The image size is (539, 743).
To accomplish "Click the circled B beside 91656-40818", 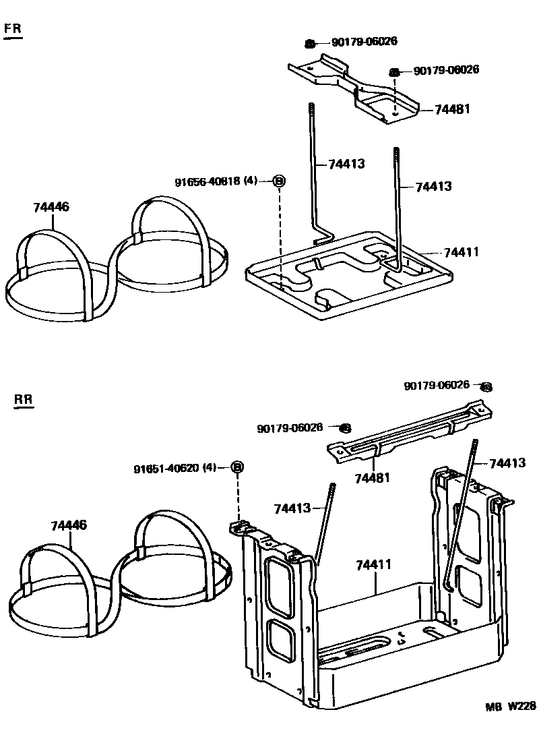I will pyautogui.click(x=279, y=181).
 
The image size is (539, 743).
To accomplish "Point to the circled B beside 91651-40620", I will pyautogui.click(x=237, y=467).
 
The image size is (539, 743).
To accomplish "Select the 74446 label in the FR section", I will pyautogui.click(x=51, y=208).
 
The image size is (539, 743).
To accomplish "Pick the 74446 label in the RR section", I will pyautogui.click(x=69, y=525).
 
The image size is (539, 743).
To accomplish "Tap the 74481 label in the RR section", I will pyautogui.click(x=373, y=478).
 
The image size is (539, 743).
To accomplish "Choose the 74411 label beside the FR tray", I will pyautogui.click(x=461, y=252).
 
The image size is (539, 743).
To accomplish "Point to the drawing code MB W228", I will pyautogui.click(x=511, y=706).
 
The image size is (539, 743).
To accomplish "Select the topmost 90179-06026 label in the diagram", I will pyautogui.click(x=364, y=41).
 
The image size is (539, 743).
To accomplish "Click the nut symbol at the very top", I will pyautogui.click(x=310, y=43).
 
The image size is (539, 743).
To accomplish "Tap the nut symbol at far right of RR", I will pyautogui.click(x=486, y=387).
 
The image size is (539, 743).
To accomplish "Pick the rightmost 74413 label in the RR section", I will pyautogui.click(x=507, y=463).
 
